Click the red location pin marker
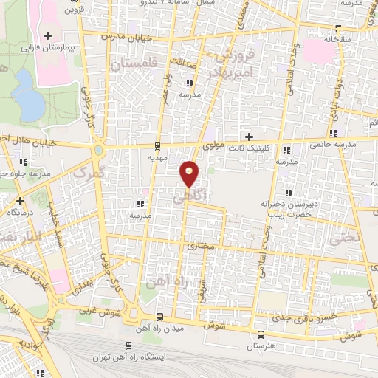[x=190, y=173]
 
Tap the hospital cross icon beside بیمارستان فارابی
[x=48, y=35]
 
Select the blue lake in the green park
[x=29, y=95]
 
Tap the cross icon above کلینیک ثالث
[x=249, y=137]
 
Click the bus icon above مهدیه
[x=157, y=145]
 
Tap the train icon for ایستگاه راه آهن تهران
[x=129, y=345]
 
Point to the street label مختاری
[x=200, y=244]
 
